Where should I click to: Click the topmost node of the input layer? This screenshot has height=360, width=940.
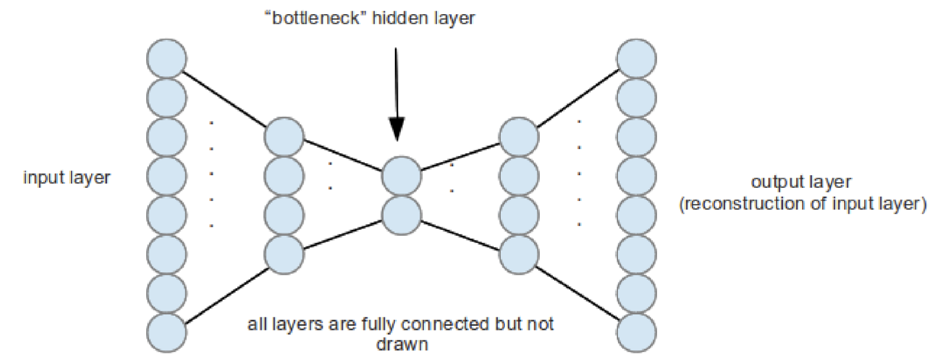tap(167, 59)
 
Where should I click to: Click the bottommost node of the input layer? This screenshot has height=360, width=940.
tap(167, 333)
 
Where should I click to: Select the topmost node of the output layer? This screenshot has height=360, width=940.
tap(636, 59)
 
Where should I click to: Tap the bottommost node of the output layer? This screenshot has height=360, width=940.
tap(636, 333)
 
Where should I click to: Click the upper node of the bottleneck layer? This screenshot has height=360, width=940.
tap(401, 176)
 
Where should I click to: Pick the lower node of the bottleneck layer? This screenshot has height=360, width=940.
tap(401, 216)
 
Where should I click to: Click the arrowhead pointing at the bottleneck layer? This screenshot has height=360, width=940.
tap(397, 128)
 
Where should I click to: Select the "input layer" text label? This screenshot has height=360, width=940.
tap(67, 178)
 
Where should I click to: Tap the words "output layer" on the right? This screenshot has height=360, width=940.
tap(801, 182)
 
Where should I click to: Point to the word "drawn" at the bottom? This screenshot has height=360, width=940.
tap(402, 344)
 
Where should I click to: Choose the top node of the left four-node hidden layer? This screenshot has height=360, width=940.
tap(284, 137)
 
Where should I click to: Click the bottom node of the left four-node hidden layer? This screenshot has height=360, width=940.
tap(284, 255)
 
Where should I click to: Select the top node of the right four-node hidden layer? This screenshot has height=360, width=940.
tap(519, 137)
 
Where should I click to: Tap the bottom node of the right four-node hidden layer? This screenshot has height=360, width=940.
tap(519, 255)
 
